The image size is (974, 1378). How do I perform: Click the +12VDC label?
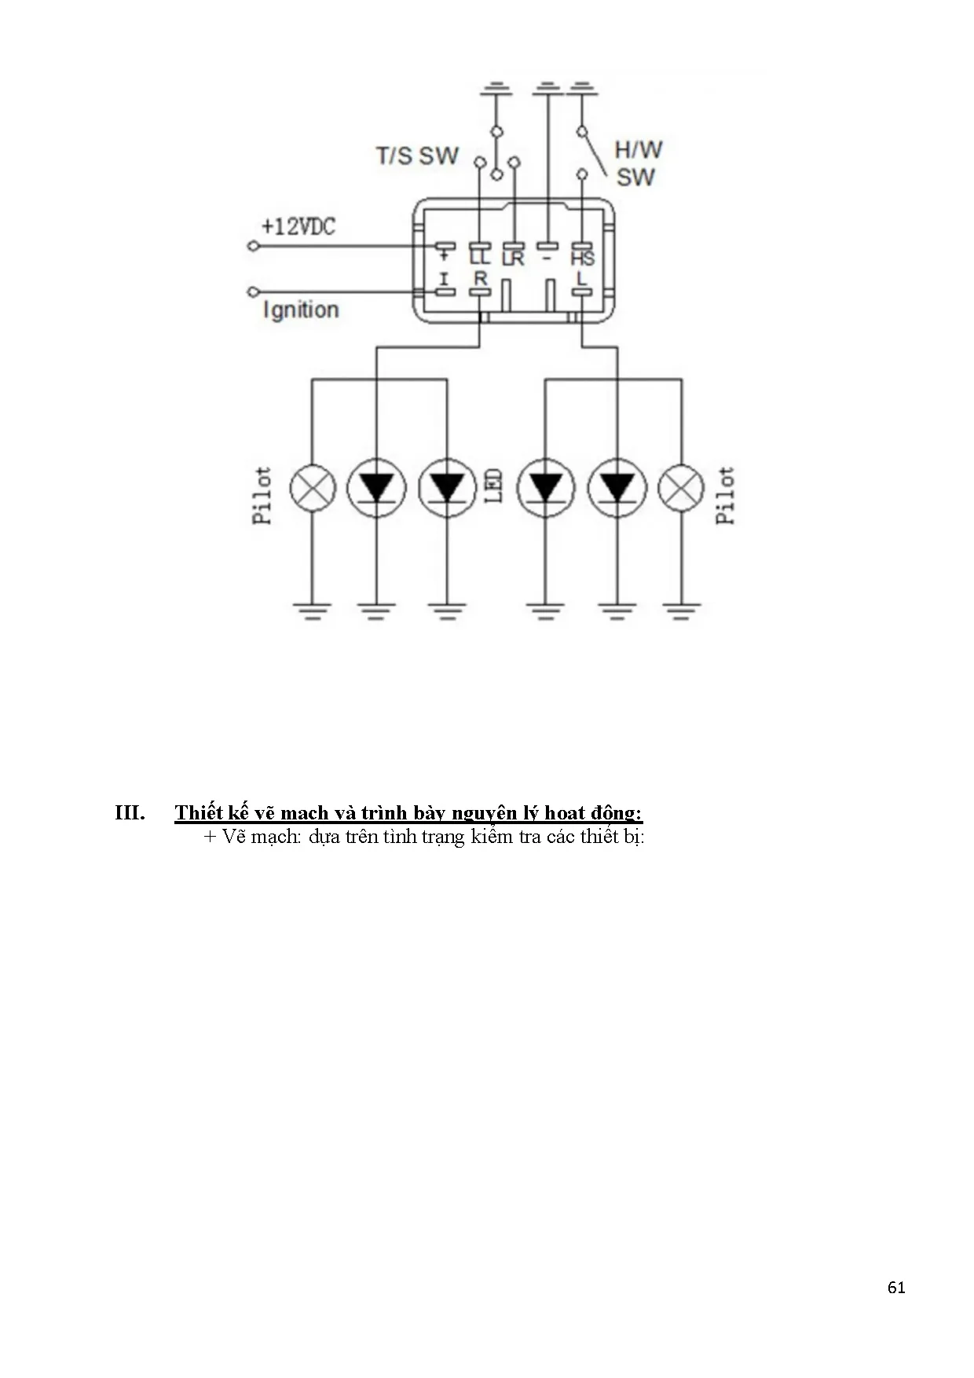click(x=298, y=227)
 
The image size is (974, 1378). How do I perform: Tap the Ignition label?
click(x=301, y=310)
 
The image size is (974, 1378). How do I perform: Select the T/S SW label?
click(x=417, y=156)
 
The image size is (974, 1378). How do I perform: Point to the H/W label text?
click(x=638, y=149)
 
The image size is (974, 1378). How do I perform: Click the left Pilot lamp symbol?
click(x=313, y=488)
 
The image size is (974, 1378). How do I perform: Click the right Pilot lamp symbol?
click(x=681, y=488)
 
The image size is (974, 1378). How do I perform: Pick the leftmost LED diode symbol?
click(x=376, y=488)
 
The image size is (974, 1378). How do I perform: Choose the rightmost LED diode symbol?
click(x=617, y=488)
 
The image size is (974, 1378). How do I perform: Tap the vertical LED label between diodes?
click(x=494, y=486)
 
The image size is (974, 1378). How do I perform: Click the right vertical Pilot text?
click(x=725, y=495)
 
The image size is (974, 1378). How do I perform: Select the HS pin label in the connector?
click(x=583, y=258)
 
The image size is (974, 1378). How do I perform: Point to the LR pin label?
click(x=513, y=258)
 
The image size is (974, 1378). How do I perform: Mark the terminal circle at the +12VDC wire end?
click(x=253, y=246)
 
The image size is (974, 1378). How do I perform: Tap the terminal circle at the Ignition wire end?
click(x=253, y=292)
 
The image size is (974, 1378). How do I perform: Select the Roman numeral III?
click(x=130, y=812)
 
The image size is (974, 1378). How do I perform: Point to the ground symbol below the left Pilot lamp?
click(x=313, y=610)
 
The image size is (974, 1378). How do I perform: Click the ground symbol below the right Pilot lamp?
click(x=681, y=610)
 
